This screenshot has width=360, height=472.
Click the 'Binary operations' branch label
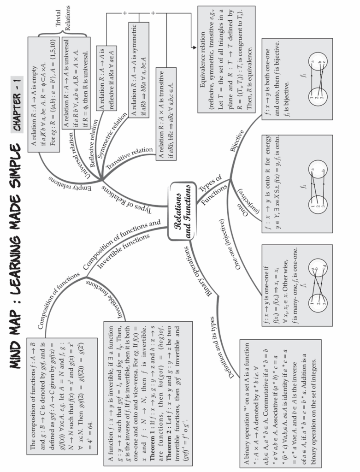click(198, 272)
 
